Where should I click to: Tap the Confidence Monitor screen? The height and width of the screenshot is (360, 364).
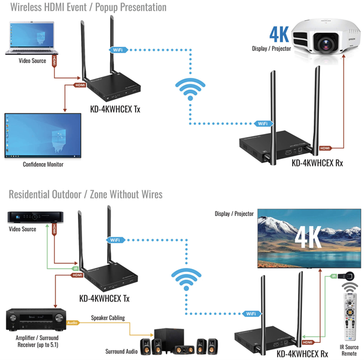point(42,136)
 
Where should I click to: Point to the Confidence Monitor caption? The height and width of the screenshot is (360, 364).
point(43,164)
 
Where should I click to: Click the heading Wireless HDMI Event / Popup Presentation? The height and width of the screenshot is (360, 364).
point(84,7)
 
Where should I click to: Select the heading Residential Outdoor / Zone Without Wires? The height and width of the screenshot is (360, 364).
point(85,194)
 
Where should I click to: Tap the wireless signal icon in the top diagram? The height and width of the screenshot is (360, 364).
point(190,89)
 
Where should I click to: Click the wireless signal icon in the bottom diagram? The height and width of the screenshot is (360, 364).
point(183,277)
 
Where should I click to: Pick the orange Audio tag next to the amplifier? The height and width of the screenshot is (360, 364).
point(74,322)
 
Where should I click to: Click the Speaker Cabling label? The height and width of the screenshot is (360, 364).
point(108,319)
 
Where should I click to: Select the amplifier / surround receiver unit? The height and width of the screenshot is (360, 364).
point(35,320)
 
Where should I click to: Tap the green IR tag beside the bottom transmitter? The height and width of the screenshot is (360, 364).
point(75,268)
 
